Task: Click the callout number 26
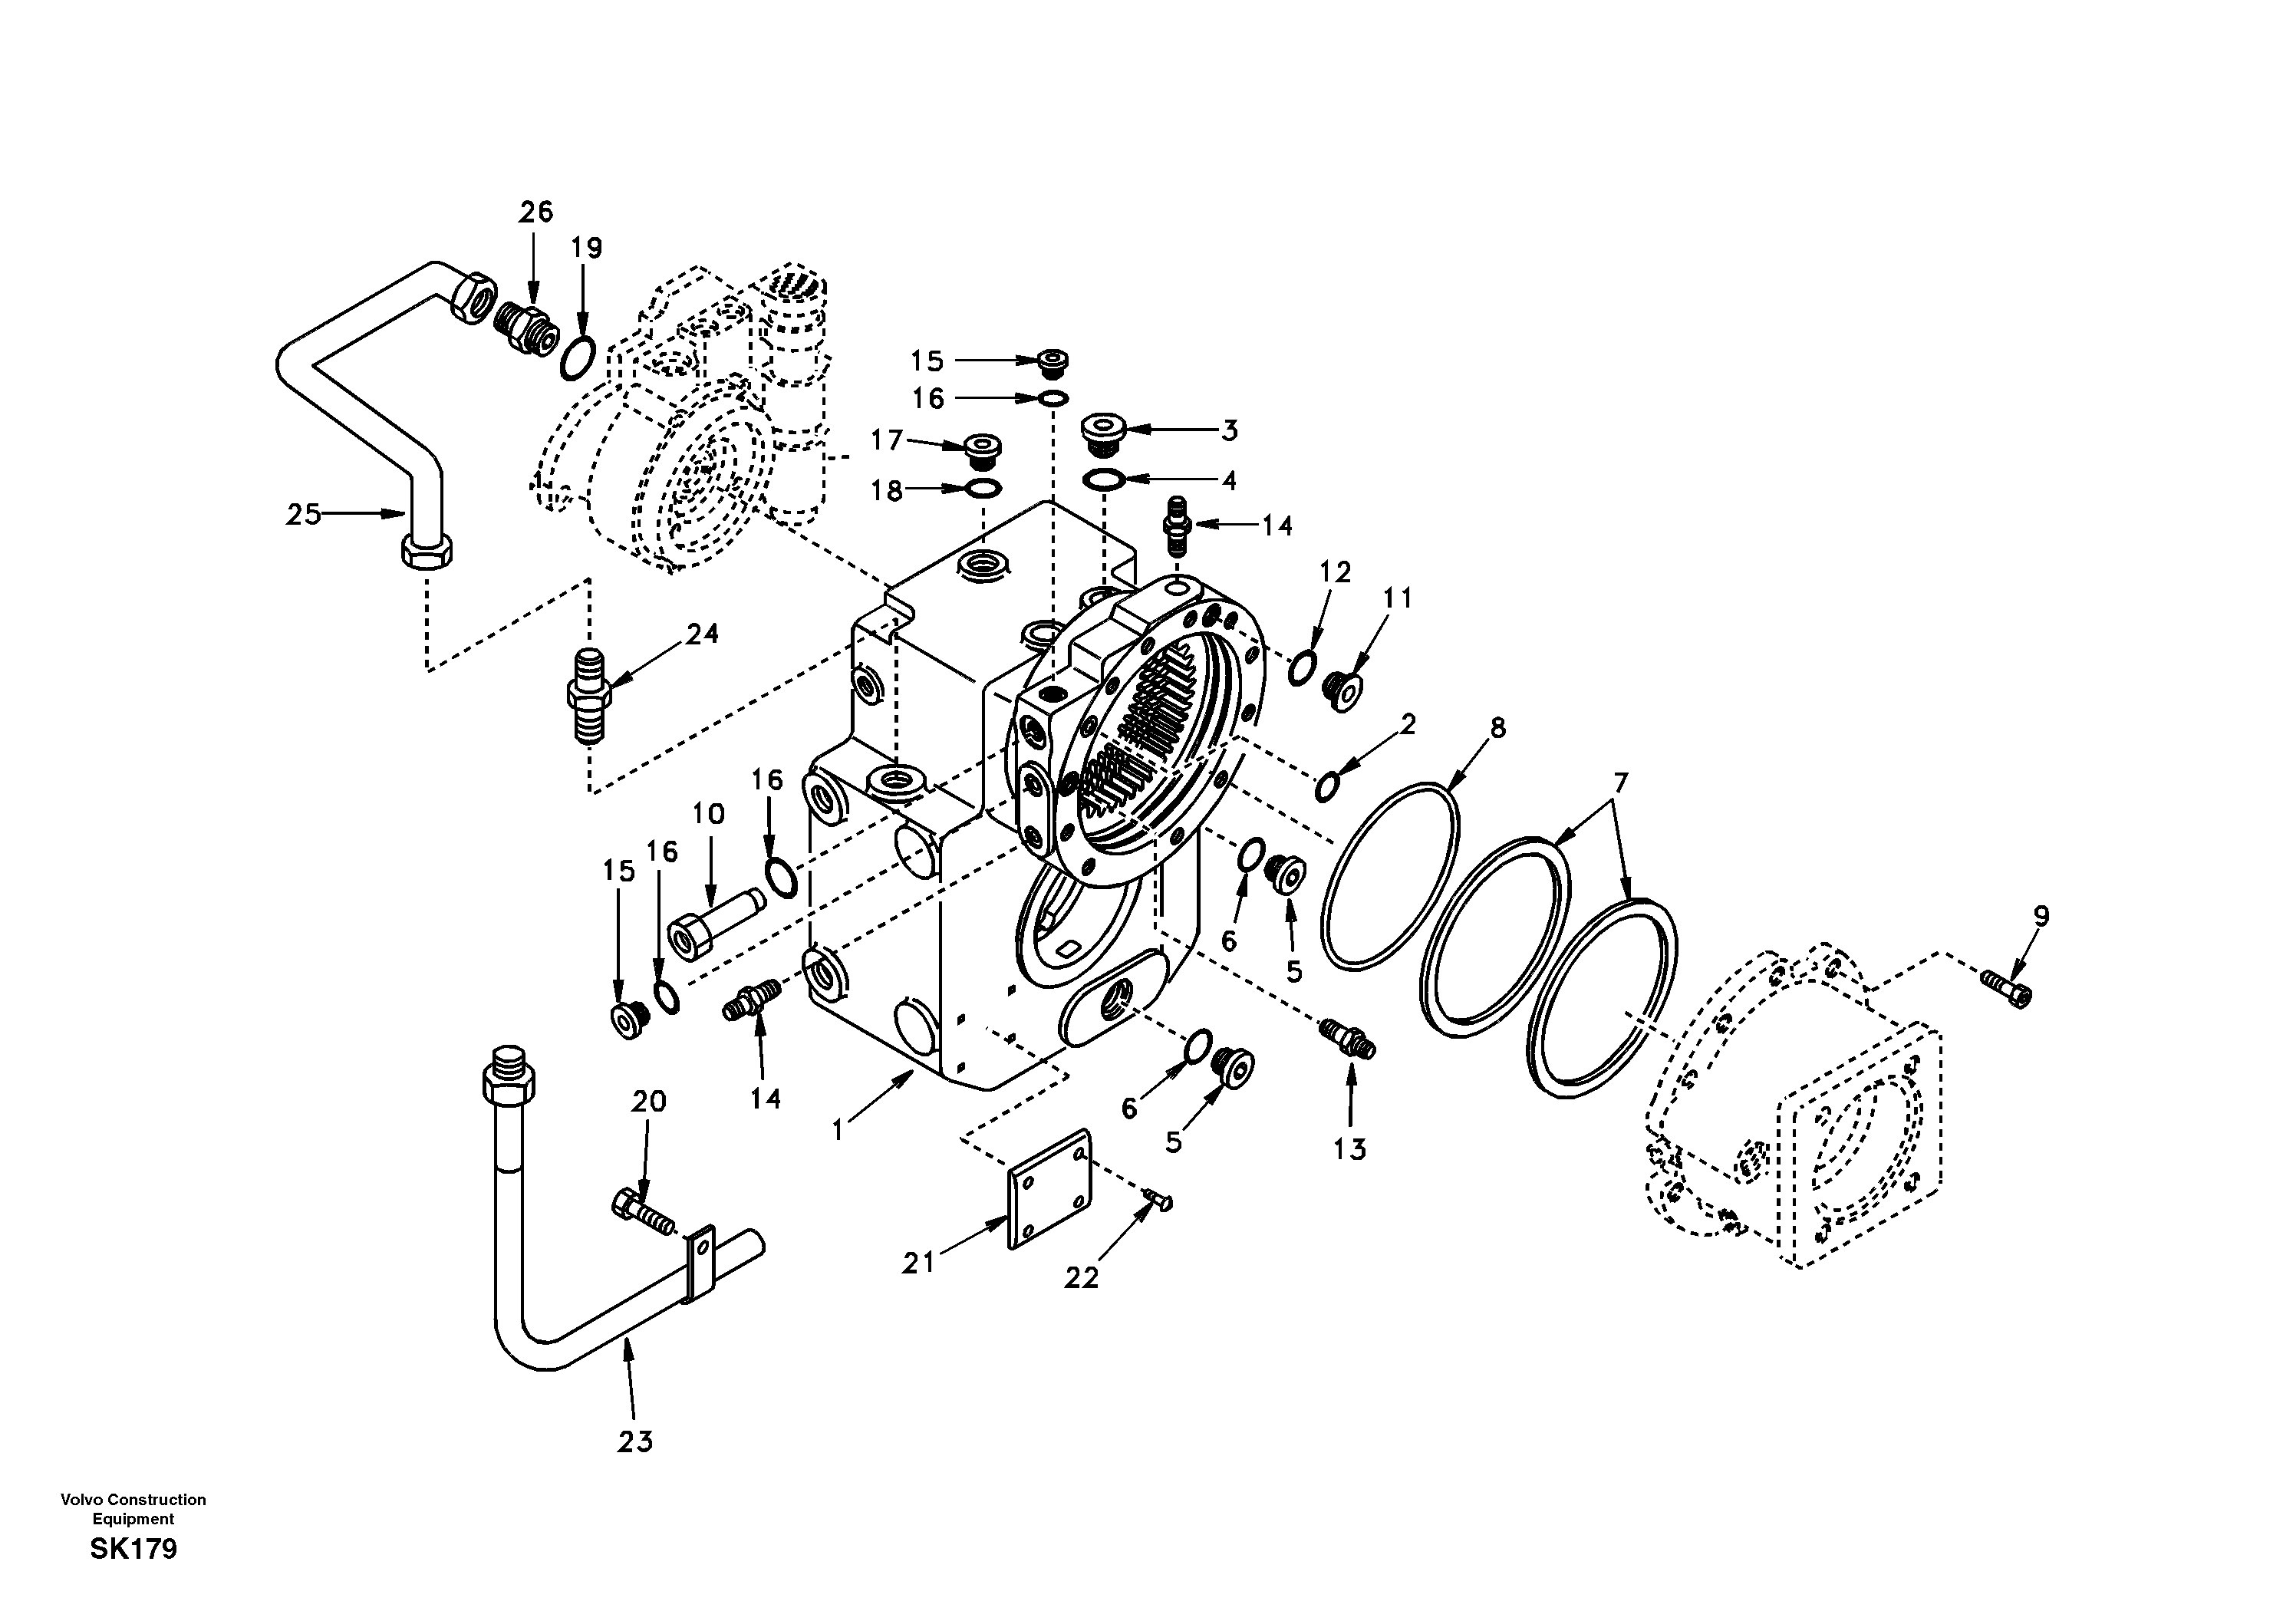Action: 535,212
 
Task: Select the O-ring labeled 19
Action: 578,358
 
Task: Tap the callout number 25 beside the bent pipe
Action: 303,514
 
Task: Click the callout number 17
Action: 886,440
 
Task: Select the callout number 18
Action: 886,490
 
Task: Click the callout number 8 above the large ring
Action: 1497,728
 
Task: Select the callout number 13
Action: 1349,1150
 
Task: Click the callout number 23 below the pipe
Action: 635,1441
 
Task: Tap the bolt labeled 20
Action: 642,1213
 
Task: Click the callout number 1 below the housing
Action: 838,1130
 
